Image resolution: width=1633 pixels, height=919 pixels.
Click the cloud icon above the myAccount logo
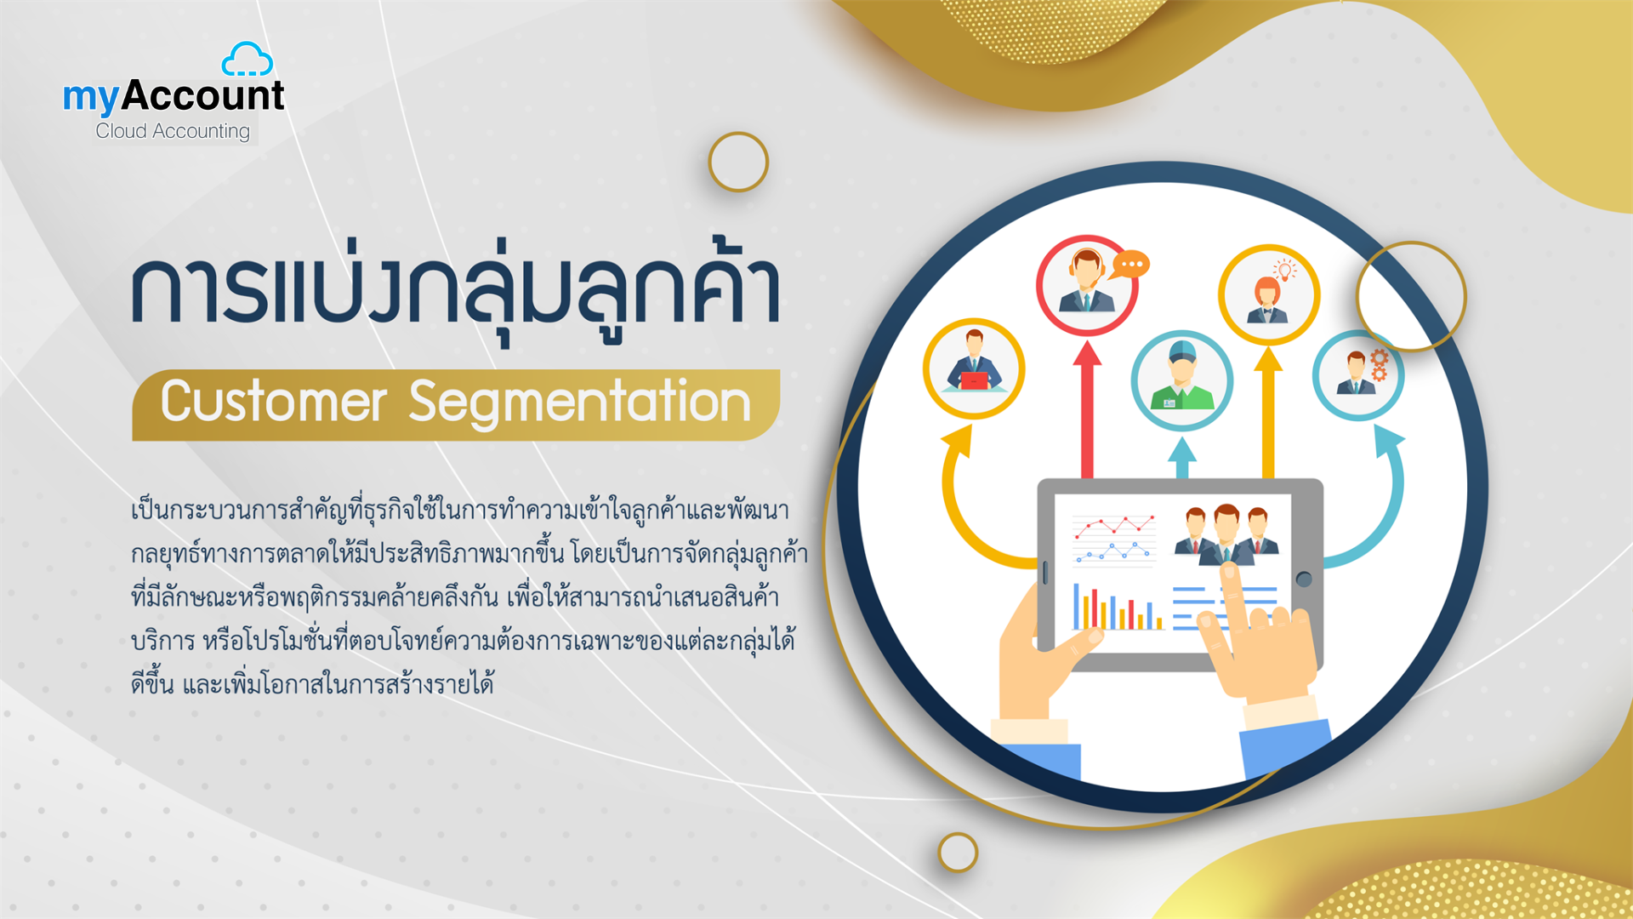pyautogui.click(x=247, y=60)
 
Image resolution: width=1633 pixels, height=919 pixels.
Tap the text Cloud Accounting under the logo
pyautogui.click(x=173, y=131)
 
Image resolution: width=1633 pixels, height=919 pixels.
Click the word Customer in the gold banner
pyautogui.click(x=274, y=402)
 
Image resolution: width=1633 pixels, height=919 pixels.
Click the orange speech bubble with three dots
pyautogui.click(x=1129, y=265)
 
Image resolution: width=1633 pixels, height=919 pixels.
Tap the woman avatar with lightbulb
pyautogui.click(x=1268, y=294)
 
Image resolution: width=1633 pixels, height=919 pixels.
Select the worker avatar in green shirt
pyautogui.click(x=1181, y=380)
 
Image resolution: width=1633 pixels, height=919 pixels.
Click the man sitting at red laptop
pyautogui.click(x=974, y=368)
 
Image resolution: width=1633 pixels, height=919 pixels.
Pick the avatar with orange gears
pyautogui.click(x=1357, y=375)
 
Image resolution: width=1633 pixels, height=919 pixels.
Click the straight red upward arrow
pyautogui.click(x=1087, y=408)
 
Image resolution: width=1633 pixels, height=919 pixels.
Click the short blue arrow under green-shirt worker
pyautogui.click(x=1181, y=457)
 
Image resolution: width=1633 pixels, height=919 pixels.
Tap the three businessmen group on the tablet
pyautogui.click(x=1226, y=534)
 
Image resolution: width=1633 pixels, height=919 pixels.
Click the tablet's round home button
pyautogui.click(x=1304, y=579)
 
